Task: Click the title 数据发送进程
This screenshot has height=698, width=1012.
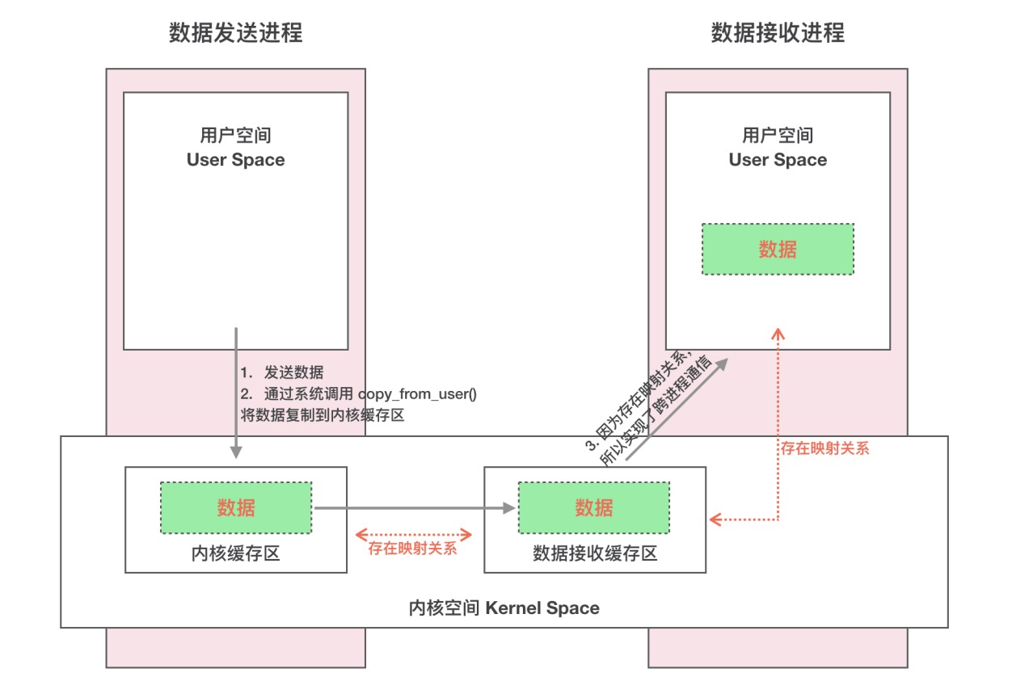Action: pos(235,33)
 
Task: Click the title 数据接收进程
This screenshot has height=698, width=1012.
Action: pos(778,33)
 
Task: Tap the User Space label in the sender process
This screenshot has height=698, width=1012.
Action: pos(235,160)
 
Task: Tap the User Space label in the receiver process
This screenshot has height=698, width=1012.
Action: pos(778,160)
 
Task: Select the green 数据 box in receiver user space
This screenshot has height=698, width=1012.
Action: pos(778,249)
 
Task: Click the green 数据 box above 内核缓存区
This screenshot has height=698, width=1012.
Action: pos(235,507)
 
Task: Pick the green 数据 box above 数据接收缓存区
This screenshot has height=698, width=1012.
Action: pos(594,507)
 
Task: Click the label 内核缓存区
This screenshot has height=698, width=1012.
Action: pos(235,554)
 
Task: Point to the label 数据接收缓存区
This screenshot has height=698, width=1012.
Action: pos(594,554)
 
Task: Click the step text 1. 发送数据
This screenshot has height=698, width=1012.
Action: pos(282,372)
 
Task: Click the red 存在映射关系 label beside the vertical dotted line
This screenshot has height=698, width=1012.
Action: pos(824,448)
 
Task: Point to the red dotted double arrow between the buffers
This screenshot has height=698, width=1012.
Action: pos(414,533)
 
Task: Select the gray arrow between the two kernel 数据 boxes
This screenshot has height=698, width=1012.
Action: pos(414,508)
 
